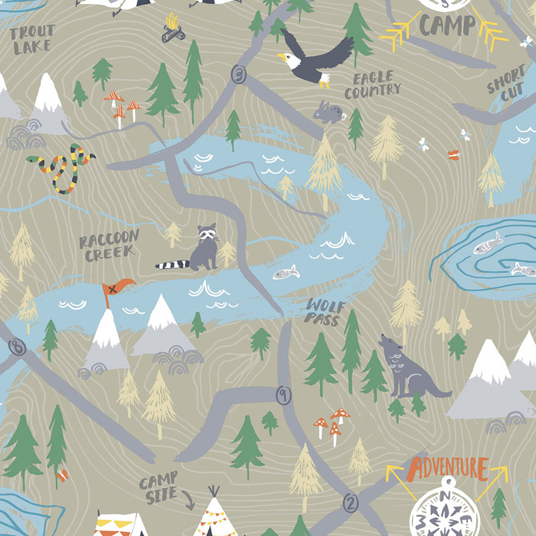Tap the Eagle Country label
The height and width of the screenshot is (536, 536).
[x=372, y=85]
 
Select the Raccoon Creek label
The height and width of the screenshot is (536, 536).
[x=110, y=245]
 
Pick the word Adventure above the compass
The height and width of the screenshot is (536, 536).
[x=447, y=467]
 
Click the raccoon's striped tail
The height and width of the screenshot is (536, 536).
[x=172, y=264]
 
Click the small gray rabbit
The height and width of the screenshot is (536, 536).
[x=327, y=113]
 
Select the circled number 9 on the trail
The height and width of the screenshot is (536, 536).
[x=282, y=394]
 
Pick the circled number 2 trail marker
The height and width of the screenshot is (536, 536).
[x=350, y=502]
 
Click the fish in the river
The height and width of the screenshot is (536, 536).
[x=286, y=273]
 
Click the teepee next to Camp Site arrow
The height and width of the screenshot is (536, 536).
[x=214, y=516]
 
